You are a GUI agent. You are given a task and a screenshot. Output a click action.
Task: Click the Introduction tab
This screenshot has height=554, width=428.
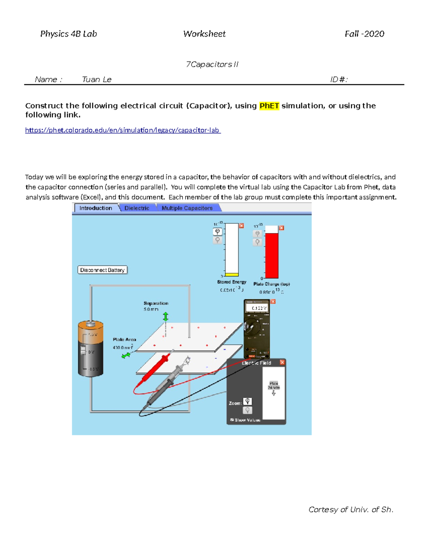click(96, 208)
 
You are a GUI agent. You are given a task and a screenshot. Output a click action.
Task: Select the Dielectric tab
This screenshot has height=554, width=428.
click(137, 208)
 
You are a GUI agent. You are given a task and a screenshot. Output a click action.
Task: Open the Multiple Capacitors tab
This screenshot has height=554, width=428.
click(187, 208)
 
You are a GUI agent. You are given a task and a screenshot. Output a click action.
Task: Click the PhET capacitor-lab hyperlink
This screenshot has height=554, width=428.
click(123, 130)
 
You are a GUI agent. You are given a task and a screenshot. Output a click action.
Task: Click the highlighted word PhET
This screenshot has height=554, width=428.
click(269, 106)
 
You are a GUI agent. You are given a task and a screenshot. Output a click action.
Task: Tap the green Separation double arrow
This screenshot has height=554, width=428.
click(165, 316)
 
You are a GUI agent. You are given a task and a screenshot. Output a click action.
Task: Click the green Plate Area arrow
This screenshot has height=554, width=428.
click(126, 355)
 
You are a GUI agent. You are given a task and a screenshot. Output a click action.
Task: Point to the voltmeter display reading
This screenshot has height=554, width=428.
click(259, 308)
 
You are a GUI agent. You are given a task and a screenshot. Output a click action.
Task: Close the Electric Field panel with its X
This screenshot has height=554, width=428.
click(282, 362)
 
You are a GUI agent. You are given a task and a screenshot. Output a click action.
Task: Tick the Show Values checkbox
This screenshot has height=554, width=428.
click(232, 420)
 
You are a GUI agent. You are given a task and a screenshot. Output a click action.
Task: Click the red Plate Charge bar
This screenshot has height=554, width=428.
click(272, 255)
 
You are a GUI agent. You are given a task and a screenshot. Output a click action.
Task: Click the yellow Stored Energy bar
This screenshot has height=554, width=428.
click(232, 274)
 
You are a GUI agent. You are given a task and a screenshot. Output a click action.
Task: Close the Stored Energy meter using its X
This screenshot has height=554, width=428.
click(241, 226)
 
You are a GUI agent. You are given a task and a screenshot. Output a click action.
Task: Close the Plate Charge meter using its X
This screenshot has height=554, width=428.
click(281, 228)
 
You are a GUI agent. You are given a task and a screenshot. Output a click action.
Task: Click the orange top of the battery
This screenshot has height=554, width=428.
click(91, 326)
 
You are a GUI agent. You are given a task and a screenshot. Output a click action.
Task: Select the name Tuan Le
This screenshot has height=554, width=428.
click(97, 80)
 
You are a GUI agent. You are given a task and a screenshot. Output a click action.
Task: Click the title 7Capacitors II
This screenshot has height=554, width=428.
click(212, 65)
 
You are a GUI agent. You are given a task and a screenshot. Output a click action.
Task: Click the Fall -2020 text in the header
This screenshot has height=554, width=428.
click(364, 34)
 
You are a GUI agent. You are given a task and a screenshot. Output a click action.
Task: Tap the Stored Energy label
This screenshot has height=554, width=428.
click(231, 282)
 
